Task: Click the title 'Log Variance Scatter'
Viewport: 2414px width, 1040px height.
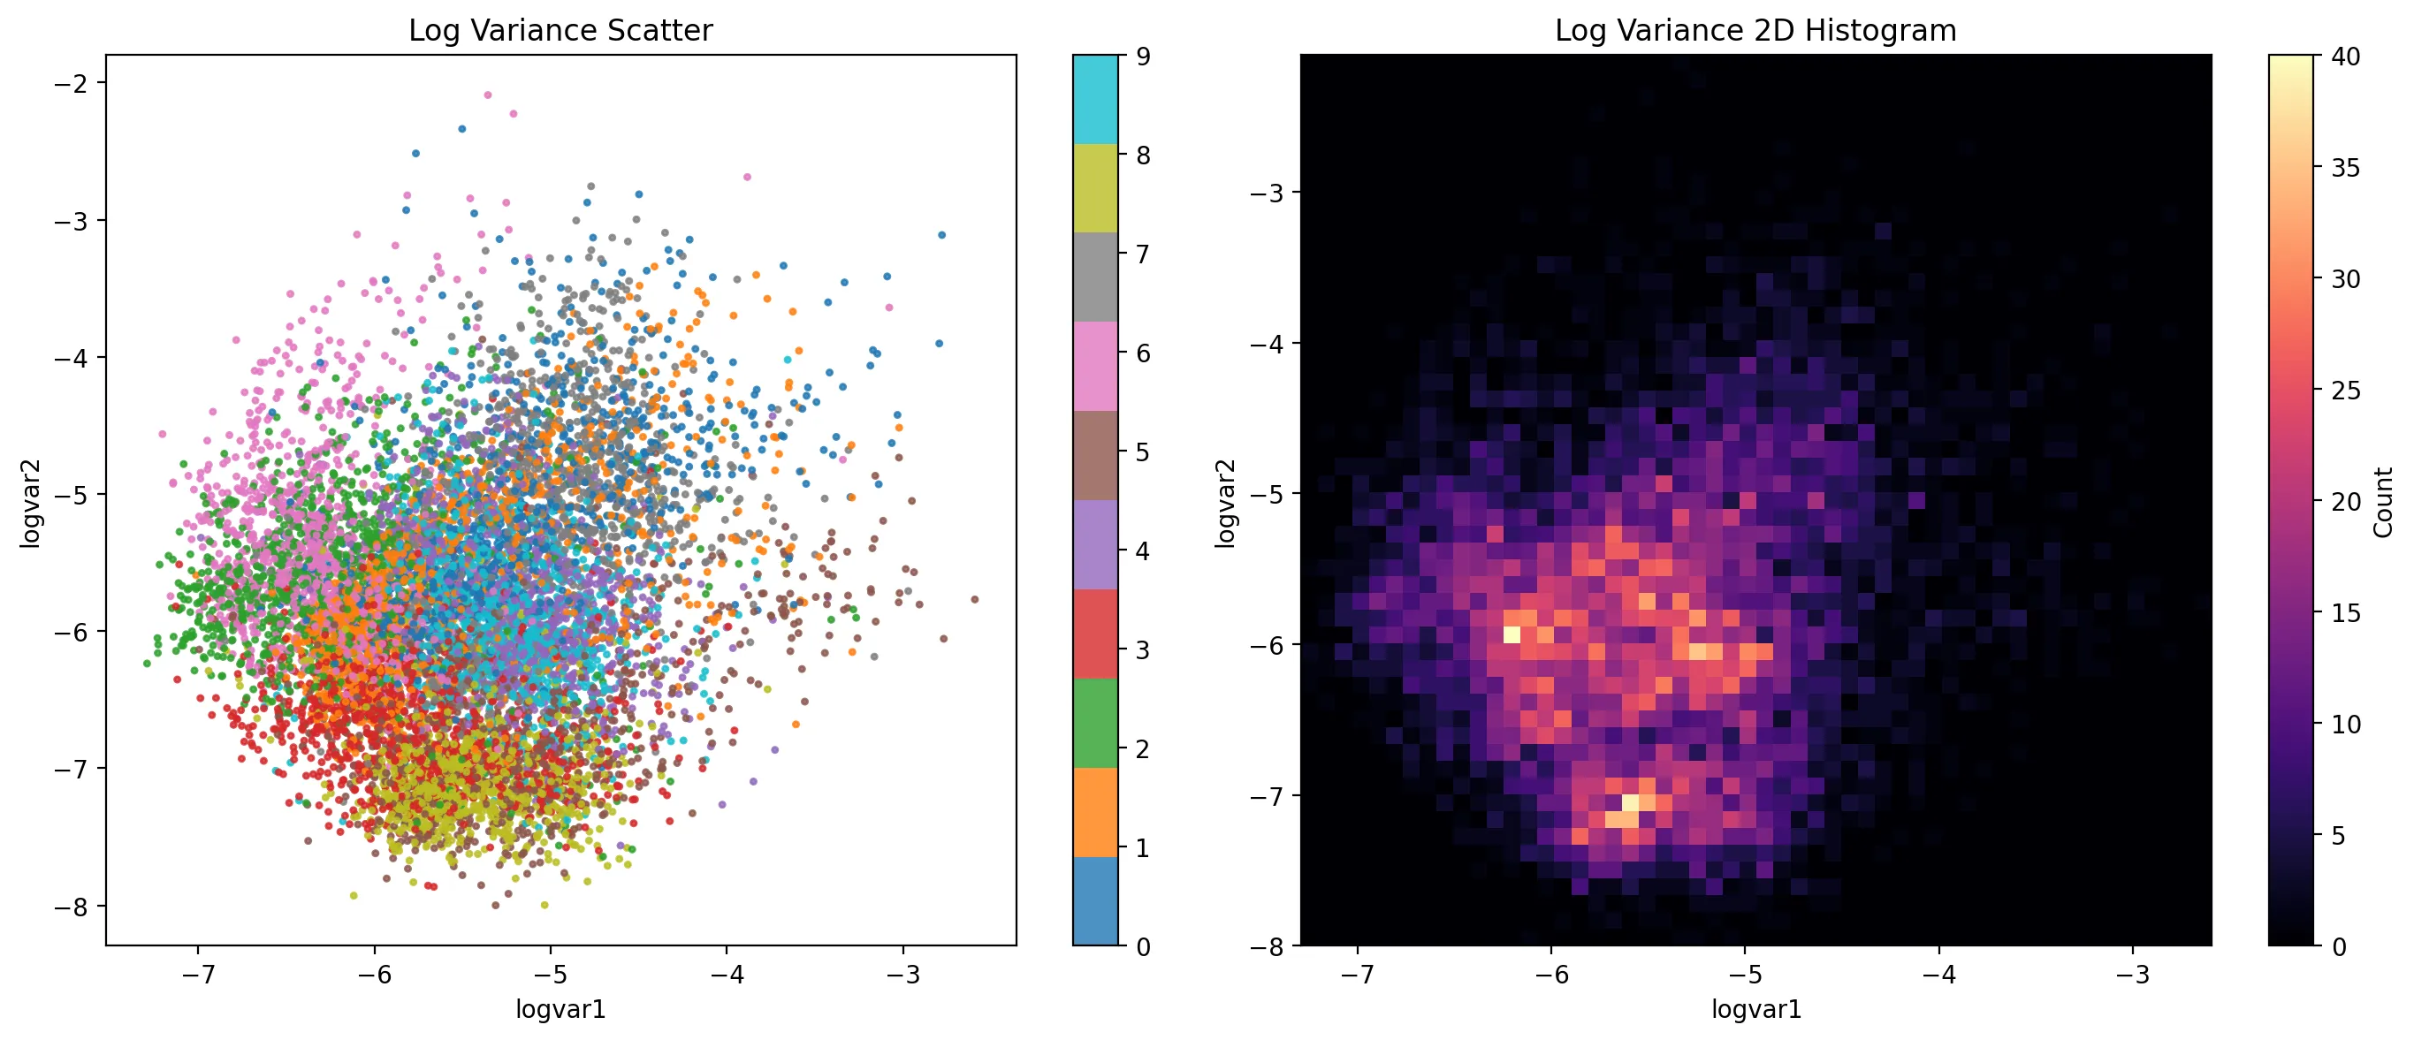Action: [x=560, y=31]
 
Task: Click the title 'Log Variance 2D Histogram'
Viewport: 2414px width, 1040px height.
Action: [x=1755, y=31]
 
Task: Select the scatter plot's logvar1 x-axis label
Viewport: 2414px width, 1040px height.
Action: [x=560, y=1009]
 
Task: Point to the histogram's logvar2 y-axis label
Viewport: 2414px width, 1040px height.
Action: [x=1226, y=502]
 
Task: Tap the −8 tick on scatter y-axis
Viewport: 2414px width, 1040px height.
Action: [x=72, y=906]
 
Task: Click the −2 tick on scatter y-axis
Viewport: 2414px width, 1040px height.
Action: [x=72, y=83]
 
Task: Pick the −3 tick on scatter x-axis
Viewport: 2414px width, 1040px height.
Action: [x=902, y=975]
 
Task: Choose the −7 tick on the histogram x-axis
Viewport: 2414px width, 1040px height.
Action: [x=1357, y=975]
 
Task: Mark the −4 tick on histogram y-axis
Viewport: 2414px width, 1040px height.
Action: [x=1267, y=343]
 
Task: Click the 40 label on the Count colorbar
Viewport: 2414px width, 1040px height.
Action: [x=2346, y=57]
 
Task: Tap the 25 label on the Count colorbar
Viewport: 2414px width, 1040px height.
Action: [x=2346, y=390]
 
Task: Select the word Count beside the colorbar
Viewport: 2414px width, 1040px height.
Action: [x=2383, y=502]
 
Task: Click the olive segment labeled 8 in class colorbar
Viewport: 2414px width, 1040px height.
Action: [x=1094, y=187]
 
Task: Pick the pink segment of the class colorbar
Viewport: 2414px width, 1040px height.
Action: [x=1094, y=366]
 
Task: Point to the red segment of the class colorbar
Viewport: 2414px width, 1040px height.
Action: [x=1094, y=634]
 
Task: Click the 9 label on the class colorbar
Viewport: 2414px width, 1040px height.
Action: [x=1143, y=57]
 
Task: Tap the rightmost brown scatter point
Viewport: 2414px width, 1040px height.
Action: [x=975, y=599]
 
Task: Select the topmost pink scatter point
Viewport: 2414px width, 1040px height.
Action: [x=487, y=95]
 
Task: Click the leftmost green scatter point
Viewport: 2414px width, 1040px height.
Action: [x=146, y=664]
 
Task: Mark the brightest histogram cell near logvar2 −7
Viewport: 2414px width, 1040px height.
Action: [x=1631, y=802]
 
